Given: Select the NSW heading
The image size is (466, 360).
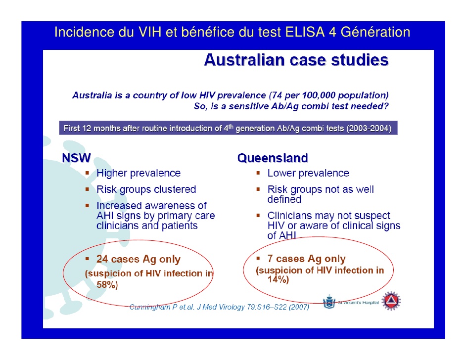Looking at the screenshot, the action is [76, 158].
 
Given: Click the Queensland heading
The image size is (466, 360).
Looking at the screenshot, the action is [273, 158].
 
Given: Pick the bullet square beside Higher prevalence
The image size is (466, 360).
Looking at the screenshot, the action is [87, 173].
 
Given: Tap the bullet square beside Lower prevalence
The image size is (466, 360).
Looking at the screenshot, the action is [258, 173].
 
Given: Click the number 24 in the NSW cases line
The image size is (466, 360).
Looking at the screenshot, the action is [102, 259].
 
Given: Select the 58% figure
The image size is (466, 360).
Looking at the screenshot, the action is [107, 284].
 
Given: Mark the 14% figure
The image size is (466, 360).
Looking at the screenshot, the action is [278, 279].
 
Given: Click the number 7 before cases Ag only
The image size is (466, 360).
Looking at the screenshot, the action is [270, 259].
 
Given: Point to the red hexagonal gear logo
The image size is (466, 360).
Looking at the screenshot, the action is [391, 301].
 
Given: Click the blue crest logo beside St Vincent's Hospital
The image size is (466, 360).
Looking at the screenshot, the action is [329, 302].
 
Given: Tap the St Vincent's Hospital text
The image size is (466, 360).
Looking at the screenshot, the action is [359, 302].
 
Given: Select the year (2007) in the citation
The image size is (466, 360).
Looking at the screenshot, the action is [299, 307].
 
